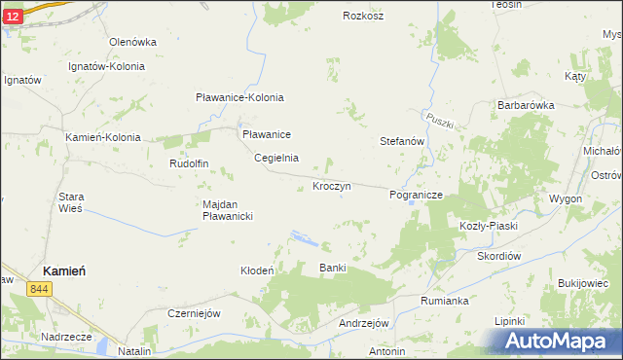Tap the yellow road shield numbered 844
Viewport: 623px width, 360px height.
pyautogui.click(x=40, y=289)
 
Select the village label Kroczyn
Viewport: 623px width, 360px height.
pyautogui.click(x=331, y=185)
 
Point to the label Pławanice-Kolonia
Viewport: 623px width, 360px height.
pyautogui.click(x=239, y=97)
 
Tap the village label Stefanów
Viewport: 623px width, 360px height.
pyautogui.click(x=402, y=141)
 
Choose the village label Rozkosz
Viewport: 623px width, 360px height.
pyautogui.click(x=363, y=16)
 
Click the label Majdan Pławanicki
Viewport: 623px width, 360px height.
pyautogui.click(x=228, y=210)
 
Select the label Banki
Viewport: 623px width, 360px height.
pyautogui.click(x=333, y=268)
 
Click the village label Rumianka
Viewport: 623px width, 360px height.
pyautogui.click(x=445, y=301)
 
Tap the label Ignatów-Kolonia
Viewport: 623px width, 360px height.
pyautogui.click(x=106, y=67)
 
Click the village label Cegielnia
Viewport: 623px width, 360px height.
pyautogui.click(x=276, y=158)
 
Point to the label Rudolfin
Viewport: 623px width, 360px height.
pyautogui.click(x=190, y=163)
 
